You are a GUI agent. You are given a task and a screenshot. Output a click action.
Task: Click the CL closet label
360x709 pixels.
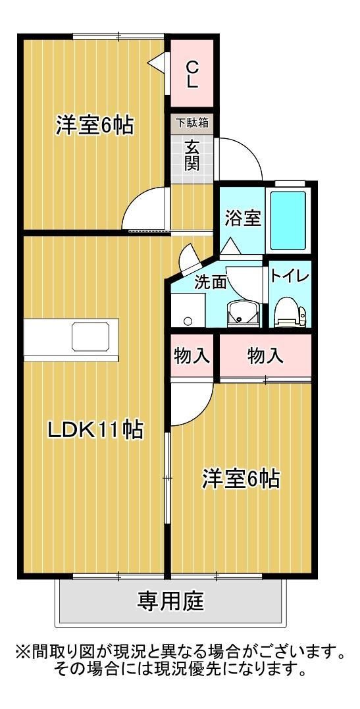[192, 74]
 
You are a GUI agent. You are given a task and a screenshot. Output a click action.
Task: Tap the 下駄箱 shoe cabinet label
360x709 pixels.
[192, 122]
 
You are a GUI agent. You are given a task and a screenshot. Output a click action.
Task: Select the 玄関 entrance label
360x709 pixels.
[192, 155]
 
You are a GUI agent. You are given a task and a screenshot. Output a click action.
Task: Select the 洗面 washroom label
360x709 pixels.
[210, 282]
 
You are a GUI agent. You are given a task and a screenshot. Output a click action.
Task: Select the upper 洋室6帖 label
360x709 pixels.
[94, 124]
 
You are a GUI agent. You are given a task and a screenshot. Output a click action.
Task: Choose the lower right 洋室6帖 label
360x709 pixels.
[240, 478]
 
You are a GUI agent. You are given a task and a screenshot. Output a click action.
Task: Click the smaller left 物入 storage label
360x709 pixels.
[192, 356]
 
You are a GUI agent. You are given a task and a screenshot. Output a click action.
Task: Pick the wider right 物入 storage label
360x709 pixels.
[265, 356]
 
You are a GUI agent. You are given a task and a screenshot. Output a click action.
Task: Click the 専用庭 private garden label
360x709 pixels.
[170, 600]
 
